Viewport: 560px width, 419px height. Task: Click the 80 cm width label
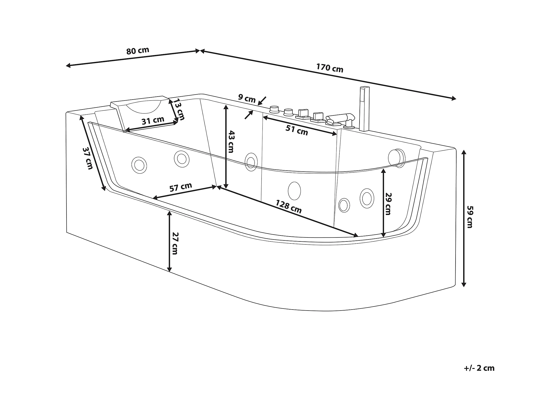coord(138,51)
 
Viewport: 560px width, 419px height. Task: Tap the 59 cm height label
coord(470,217)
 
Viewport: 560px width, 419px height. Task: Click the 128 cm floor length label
coord(289,207)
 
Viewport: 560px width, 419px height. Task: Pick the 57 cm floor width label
coord(181,187)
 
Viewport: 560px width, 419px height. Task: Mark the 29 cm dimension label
coord(388,204)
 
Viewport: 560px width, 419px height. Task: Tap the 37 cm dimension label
coord(88,158)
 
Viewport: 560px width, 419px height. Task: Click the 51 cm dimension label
coord(297,130)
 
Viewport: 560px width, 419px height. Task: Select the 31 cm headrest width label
coord(153,120)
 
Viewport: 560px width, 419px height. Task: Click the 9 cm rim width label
coord(247,98)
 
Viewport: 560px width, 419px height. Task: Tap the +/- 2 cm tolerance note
coord(479,368)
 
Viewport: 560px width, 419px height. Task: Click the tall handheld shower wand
coord(364,109)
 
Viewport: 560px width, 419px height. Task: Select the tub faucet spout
coord(340,118)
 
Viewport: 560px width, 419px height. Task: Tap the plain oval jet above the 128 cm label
coord(295,191)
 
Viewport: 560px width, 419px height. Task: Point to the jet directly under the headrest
coord(139,165)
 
